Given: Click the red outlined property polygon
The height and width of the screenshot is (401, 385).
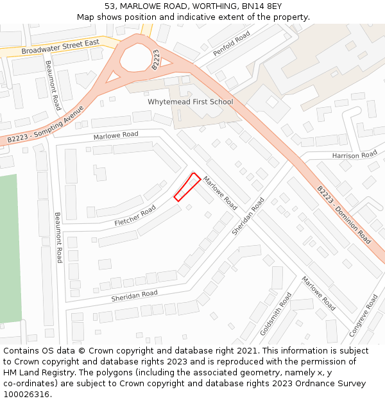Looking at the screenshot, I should pos(187,187).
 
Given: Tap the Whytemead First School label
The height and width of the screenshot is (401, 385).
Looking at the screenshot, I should pos(190,101).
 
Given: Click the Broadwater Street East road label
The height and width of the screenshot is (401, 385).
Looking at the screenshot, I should pos(60,46).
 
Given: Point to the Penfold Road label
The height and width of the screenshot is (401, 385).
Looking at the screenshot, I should pos(232,44).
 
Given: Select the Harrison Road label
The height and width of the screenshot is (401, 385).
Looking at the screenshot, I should pos(355,155).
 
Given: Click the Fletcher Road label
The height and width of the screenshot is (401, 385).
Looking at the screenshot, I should pos(135,216).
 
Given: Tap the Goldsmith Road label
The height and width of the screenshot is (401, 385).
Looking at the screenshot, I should pos(276,314).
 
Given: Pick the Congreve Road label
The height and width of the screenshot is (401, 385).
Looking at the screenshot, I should pos(363,316).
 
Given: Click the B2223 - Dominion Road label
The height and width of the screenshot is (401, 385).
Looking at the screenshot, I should pos(344,215).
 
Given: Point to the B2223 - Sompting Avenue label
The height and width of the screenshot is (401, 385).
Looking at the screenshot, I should pos(46,125).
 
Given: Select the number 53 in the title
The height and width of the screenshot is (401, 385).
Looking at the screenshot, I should pos(110,6).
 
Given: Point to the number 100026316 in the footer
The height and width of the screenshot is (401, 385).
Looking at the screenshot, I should pos(27,394).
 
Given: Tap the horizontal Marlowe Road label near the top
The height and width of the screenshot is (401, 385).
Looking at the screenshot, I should pos(116,135).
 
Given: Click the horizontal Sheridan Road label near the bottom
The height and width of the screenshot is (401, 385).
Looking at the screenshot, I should pos(134,294).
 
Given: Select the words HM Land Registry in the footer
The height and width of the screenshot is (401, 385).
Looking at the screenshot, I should pos(35,373).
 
